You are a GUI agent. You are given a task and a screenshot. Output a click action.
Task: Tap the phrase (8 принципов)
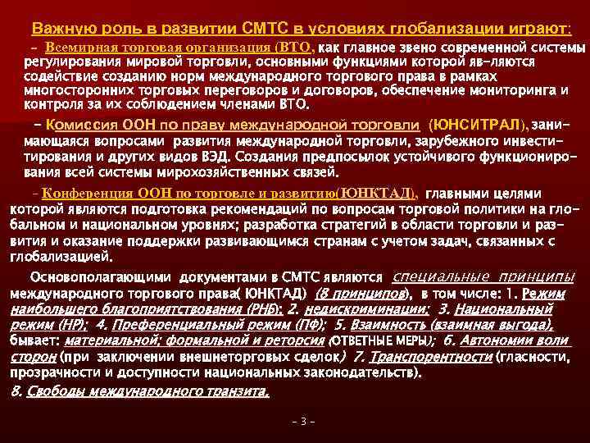(361, 293)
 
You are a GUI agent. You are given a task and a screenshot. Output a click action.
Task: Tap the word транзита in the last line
(234, 390)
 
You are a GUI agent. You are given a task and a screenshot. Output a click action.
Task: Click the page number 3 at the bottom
(302, 422)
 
